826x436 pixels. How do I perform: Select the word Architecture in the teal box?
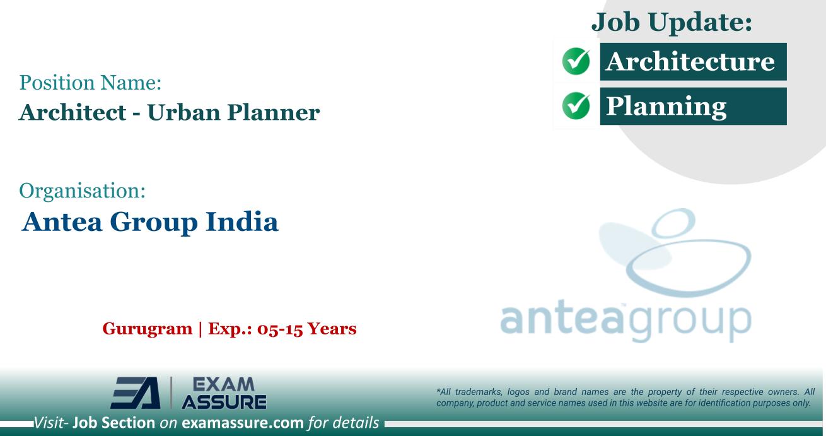pyautogui.click(x=689, y=61)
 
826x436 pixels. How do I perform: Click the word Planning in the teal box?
pyautogui.click(x=666, y=106)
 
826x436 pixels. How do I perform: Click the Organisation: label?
pyautogui.click(x=83, y=190)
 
